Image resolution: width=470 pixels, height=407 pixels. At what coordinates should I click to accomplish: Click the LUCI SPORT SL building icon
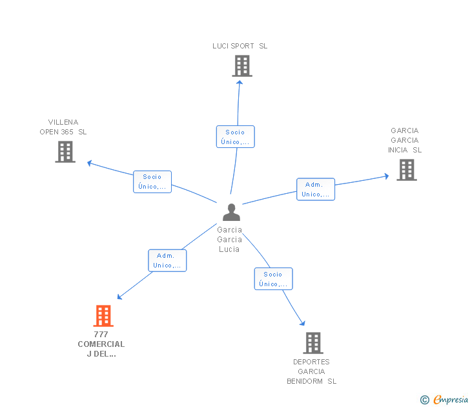(242, 66)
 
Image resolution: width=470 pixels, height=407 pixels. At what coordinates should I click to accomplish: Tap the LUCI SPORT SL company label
(240, 46)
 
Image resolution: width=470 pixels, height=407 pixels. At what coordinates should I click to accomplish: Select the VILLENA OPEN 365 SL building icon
(65, 152)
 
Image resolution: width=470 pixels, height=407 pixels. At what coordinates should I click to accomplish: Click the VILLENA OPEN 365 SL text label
(63, 127)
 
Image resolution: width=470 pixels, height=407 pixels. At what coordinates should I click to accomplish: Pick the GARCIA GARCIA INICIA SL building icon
(407, 170)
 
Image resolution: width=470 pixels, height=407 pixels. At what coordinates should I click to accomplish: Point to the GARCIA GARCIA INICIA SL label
(405, 140)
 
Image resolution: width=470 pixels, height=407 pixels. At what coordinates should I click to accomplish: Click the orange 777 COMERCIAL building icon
(103, 315)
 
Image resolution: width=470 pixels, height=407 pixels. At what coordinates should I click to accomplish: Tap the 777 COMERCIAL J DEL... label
(101, 344)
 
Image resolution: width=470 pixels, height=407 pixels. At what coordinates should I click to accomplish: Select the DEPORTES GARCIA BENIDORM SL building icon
(313, 343)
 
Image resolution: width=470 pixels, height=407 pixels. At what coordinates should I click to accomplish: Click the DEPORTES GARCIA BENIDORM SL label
(311, 371)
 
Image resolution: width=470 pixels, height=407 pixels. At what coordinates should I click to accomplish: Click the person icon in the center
(231, 212)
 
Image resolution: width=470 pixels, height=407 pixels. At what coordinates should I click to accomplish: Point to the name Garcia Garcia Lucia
(229, 239)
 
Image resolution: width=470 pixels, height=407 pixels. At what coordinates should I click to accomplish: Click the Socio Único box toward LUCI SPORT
(235, 136)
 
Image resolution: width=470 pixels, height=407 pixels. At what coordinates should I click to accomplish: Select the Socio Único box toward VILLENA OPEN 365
(152, 182)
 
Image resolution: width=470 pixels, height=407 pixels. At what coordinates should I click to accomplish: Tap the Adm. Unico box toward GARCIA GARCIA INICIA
(316, 189)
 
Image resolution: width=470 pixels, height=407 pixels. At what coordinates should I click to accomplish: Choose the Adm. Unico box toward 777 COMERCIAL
(167, 260)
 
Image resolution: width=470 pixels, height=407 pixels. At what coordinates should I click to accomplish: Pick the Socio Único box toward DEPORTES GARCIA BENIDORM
(273, 278)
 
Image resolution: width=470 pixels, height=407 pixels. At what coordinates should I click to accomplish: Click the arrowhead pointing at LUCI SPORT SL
(240, 83)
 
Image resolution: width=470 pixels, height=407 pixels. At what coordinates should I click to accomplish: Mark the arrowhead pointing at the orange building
(119, 297)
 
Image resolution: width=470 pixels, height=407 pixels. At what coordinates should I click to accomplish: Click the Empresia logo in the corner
(444, 399)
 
